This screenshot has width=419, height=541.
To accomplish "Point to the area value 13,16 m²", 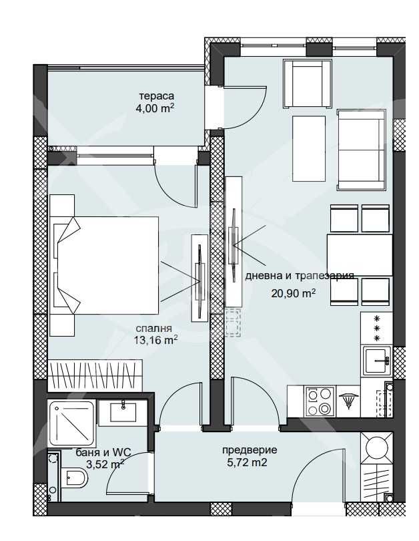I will click(x=155, y=340).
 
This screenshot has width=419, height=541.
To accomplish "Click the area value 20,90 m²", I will click(x=293, y=293).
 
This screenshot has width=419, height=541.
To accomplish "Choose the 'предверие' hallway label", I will click(x=249, y=450).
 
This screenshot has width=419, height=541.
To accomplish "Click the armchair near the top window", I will click(x=307, y=83).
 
